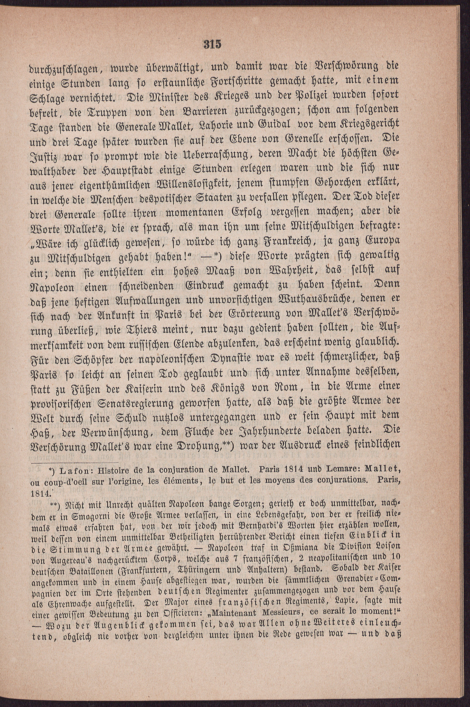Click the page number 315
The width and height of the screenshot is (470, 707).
click(212, 44)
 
